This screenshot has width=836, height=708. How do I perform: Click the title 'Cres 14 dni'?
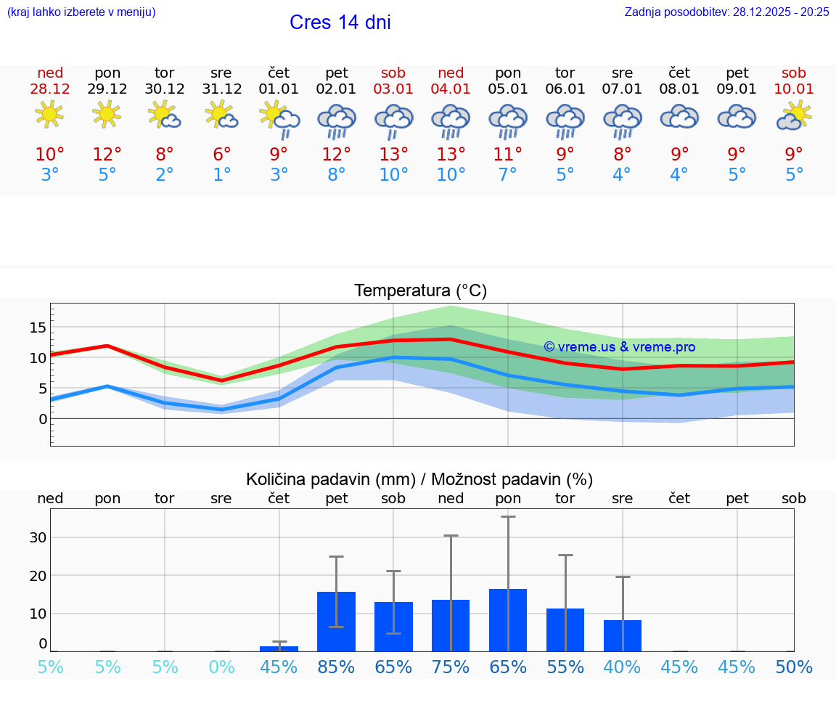point(340,23)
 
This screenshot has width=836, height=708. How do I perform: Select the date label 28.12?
point(50,89)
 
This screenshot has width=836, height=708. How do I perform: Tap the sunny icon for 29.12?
point(107,115)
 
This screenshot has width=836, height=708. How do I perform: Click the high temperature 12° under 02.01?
point(336,155)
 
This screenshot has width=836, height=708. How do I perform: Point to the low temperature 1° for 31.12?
point(221,175)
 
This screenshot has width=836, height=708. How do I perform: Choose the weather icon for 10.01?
point(794,115)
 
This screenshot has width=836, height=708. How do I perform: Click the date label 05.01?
point(508,89)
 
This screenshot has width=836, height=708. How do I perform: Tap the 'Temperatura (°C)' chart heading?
point(420,291)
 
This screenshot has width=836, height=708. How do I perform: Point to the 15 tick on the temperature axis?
point(37,327)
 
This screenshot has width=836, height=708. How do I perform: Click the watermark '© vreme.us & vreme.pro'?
point(619,347)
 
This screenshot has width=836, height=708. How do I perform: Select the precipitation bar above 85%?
point(336,622)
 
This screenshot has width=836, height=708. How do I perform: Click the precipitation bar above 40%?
point(623,635)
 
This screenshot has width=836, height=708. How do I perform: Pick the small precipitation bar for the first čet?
point(279,648)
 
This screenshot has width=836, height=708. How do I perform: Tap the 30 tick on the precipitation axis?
point(38,537)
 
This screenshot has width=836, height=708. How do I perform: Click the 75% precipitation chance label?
point(451,667)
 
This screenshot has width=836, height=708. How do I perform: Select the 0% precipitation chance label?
point(221,667)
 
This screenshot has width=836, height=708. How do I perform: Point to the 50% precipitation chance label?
point(794,667)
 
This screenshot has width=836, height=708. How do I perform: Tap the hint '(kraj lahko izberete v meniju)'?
point(81,12)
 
